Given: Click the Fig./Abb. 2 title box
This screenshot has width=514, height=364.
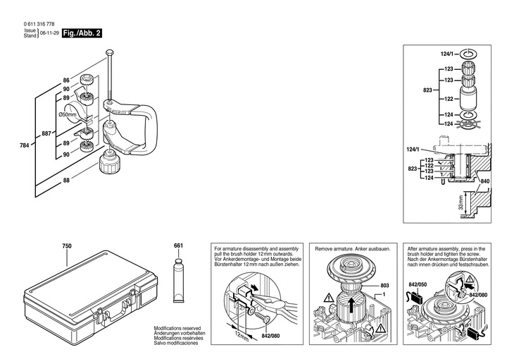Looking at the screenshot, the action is (82, 33).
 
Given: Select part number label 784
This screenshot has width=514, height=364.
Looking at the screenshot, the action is (25, 145).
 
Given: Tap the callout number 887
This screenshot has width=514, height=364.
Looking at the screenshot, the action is (46, 134).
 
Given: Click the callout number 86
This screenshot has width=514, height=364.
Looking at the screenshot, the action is (66, 80).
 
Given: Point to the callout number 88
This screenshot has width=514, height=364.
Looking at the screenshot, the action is (66, 181).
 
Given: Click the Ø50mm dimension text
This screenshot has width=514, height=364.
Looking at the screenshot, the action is (67, 114).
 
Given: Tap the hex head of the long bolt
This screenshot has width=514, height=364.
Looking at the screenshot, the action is (110, 53).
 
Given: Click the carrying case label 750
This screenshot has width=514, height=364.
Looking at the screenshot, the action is (67, 246).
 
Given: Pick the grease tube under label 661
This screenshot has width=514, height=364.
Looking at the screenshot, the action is (179, 281).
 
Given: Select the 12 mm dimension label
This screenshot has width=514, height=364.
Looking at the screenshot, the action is (242, 334).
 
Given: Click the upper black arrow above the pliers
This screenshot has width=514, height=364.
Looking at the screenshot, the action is (254, 287).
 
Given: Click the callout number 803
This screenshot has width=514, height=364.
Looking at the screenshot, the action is (385, 286).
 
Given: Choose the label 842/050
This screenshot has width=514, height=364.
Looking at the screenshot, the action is (418, 284).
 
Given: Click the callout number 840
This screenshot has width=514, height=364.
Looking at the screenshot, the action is (485, 181).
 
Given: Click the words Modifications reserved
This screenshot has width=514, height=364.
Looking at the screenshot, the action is (177, 328).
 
